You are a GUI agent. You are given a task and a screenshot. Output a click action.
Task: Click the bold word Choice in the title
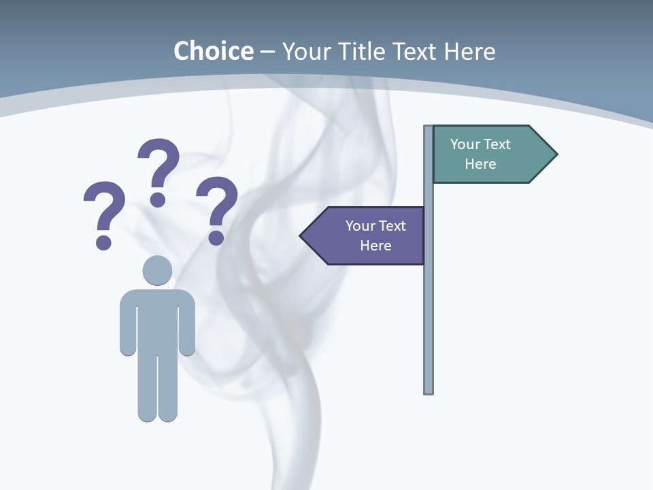coord(213,51)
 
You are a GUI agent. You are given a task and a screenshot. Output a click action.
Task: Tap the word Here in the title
coord(469,51)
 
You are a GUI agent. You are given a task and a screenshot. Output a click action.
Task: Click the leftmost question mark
coord(104,213)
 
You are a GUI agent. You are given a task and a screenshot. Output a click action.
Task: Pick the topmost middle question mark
coord(158,170)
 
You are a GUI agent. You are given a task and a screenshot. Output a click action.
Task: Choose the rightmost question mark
coord(217,208)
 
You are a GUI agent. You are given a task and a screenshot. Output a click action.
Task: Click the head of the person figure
coord(157,270)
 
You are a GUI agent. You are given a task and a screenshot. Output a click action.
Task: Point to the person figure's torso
coord(157,320)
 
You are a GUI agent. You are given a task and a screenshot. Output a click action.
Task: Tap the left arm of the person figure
coord(128,323)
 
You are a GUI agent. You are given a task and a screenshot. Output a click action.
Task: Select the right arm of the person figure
coord(187,323)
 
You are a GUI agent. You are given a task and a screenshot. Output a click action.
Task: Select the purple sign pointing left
coord(367,235)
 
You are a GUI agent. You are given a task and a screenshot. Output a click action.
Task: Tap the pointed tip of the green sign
coord(554,154)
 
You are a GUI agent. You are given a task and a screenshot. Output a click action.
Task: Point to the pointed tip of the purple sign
coord(303,235)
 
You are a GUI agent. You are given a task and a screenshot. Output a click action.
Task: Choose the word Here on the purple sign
coord(375,246)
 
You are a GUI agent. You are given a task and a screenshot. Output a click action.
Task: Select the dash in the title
coord(267,51)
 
